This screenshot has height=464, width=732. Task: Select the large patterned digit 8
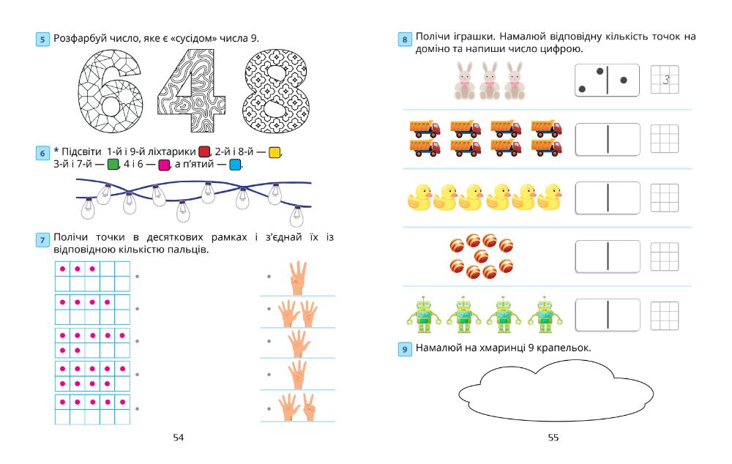(x=274, y=91)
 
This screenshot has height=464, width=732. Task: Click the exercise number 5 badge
(x=44, y=38)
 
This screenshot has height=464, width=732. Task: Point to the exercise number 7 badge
(x=44, y=240)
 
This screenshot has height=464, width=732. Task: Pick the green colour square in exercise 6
(x=113, y=164)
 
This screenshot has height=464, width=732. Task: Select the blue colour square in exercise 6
(x=235, y=164)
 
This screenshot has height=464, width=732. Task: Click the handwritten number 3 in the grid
(x=665, y=80)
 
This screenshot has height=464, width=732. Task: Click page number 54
(x=178, y=438)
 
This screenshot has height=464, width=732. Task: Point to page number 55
(x=553, y=438)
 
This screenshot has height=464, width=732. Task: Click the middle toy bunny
(x=490, y=80)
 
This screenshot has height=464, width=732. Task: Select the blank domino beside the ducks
(x=608, y=198)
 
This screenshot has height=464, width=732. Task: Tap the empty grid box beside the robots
(x=665, y=315)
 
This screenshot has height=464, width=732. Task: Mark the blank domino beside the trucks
(x=608, y=138)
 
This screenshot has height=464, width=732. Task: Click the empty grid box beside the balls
(x=665, y=256)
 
